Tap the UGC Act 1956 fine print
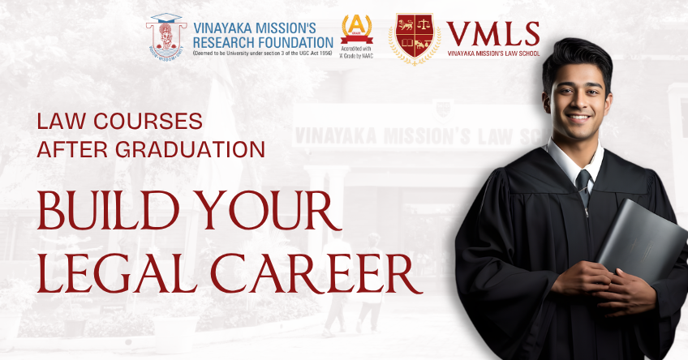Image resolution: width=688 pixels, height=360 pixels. [263, 54]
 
